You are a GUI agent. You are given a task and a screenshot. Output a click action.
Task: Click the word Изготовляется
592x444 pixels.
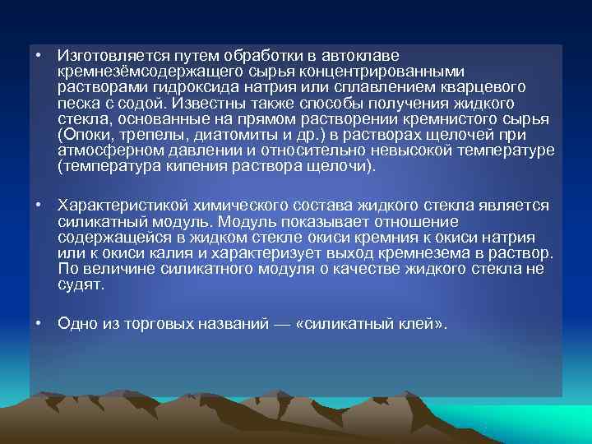coord(104,56)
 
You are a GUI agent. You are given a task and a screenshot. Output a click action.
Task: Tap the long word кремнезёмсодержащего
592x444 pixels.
coord(136,72)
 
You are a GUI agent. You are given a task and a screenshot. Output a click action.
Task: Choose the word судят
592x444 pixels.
coord(81,284)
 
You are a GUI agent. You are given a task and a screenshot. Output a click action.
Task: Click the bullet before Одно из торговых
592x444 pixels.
coord(38,323)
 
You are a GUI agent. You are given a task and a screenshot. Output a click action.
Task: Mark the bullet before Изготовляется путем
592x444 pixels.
coord(38,55)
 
